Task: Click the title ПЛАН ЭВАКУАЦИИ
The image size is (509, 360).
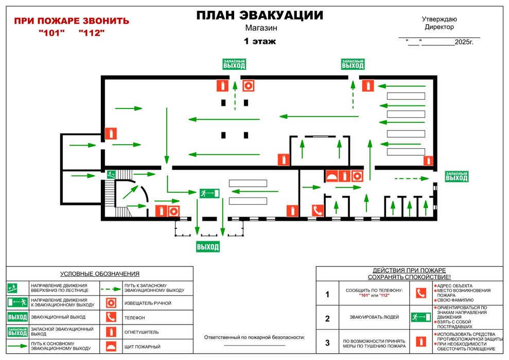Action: [x=260, y=15]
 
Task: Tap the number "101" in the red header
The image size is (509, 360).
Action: [x=51, y=33]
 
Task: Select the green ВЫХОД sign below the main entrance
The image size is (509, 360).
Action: [x=208, y=247]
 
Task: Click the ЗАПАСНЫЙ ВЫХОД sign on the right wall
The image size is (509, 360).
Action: [x=457, y=176]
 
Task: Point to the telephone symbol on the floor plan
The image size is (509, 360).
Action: [x=318, y=211]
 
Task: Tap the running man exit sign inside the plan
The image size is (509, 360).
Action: [x=209, y=193]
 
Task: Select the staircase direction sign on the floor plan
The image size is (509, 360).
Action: [x=111, y=174]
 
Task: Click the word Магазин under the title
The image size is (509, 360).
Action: [x=261, y=28]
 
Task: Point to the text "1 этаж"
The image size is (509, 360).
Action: [x=260, y=41]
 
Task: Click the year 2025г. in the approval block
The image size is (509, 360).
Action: [x=464, y=42]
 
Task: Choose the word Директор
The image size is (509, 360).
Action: [x=439, y=27]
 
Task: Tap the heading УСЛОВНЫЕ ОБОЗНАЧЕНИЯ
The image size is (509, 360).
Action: [x=100, y=274]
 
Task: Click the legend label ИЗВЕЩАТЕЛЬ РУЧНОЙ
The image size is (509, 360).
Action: [x=148, y=303]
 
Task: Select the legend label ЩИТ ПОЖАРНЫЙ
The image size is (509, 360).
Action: [x=143, y=347]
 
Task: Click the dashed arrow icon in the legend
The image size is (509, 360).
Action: [x=111, y=289]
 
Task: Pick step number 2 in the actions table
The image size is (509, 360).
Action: [x=327, y=319]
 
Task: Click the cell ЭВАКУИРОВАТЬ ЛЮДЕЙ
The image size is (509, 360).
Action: [x=374, y=317]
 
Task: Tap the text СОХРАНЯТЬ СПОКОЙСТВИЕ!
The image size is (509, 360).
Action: [x=409, y=277]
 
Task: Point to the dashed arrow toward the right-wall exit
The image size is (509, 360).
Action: [x=412, y=178]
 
